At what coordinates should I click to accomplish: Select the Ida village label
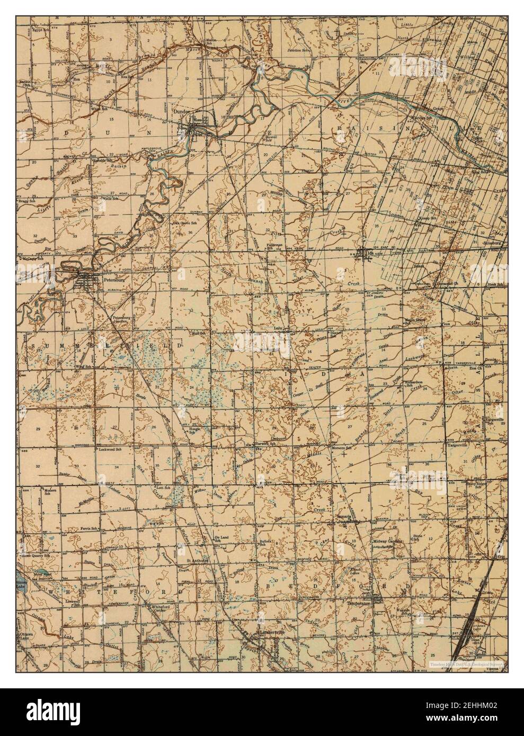click(369, 253)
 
